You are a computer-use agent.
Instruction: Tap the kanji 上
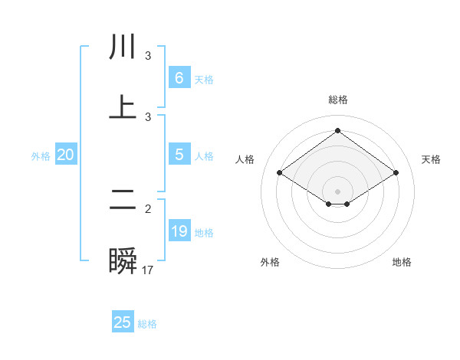click(x=123, y=107)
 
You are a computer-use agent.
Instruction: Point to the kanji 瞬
click(x=123, y=261)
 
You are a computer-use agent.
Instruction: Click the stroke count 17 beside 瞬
click(x=148, y=270)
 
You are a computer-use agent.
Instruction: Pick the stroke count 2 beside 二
click(x=148, y=208)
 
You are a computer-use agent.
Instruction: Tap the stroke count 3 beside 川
click(x=148, y=56)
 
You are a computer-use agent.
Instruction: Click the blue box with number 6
click(x=179, y=78)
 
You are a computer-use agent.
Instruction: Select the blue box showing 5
click(x=179, y=155)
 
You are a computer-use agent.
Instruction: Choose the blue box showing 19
click(x=179, y=231)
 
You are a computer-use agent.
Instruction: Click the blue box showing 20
click(x=66, y=155)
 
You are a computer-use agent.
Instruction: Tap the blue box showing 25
click(x=123, y=322)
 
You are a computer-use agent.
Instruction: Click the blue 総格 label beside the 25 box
click(x=147, y=324)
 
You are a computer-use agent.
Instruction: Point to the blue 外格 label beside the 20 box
click(x=41, y=156)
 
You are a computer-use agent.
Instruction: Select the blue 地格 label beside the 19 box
click(x=204, y=233)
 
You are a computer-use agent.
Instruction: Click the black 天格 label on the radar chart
click(x=431, y=159)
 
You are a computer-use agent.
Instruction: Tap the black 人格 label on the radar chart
click(x=245, y=159)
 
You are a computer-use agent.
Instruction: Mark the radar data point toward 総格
click(x=337, y=130)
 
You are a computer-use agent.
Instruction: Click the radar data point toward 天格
click(x=396, y=173)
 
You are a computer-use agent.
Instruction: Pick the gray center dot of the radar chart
click(x=337, y=191)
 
